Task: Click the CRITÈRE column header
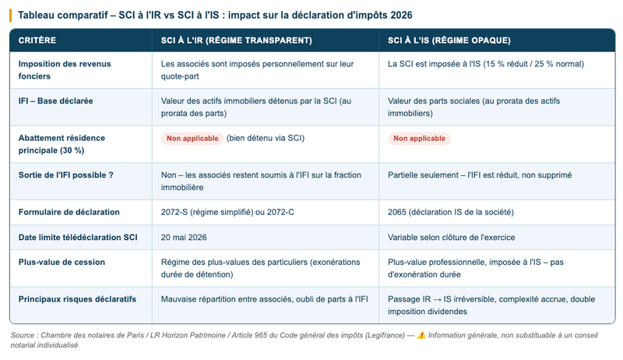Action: [x=37, y=40]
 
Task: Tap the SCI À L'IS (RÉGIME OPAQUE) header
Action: [x=449, y=40]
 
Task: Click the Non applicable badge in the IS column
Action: [x=419, y=138]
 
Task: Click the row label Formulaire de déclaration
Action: [x=69, y=211]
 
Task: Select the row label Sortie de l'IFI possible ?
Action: [x=65, y=175]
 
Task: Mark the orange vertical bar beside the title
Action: [x=10, y=15]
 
